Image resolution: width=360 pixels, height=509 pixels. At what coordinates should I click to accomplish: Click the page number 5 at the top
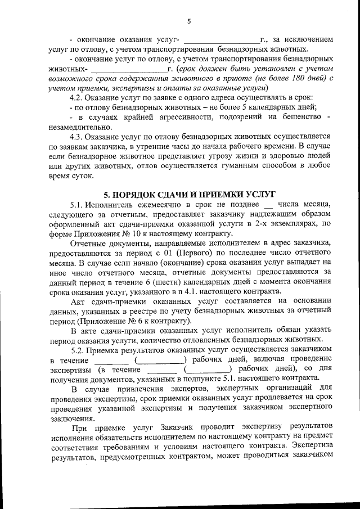189,22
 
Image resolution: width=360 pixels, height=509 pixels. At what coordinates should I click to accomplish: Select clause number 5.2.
78,349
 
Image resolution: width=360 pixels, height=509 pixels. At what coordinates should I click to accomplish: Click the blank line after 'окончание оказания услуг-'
221,40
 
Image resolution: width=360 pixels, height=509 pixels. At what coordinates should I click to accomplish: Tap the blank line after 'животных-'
128,69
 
